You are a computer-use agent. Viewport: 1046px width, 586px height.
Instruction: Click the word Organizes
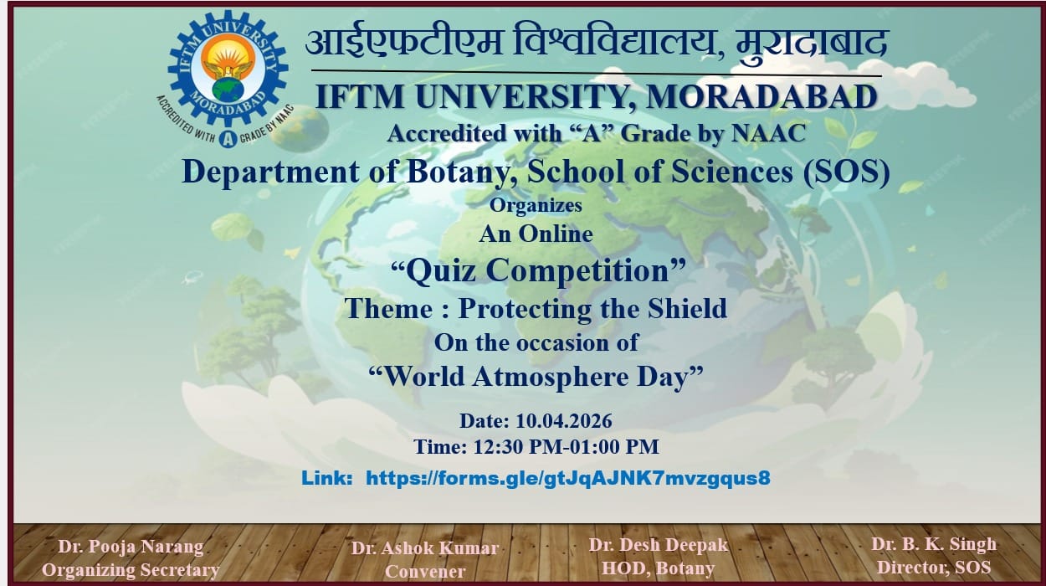pos(536,204)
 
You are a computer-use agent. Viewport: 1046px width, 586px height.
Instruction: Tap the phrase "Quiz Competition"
pos(539,270)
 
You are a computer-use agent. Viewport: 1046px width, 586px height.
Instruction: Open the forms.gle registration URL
pos(568,478)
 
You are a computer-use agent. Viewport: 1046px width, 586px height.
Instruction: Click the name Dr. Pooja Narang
pos(131,547)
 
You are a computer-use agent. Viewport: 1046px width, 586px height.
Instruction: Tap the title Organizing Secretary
pos(131,571)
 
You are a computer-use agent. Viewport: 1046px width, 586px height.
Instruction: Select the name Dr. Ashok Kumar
pos(424,548)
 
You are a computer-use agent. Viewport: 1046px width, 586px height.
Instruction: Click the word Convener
pos(424,573)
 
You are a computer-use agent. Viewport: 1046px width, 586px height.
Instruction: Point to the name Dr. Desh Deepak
pos(658,545)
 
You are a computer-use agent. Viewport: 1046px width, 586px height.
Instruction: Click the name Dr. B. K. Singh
pos(933,544)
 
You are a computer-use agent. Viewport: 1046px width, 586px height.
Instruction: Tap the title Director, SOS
pos(933,568)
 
